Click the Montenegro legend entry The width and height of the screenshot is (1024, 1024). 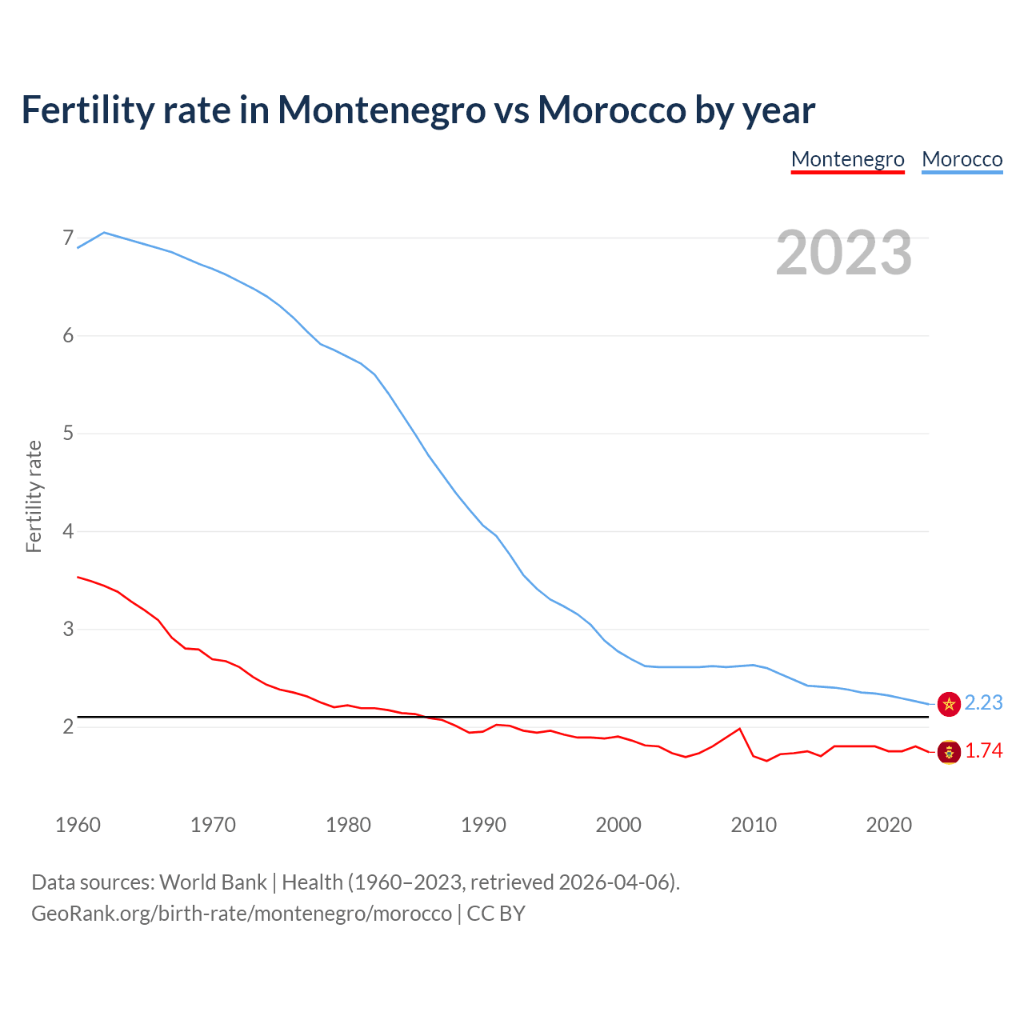click(x=847, y=159)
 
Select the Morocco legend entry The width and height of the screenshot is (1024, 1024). click(x=962, y=159)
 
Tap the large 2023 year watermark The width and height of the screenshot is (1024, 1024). click(x=844, y=253)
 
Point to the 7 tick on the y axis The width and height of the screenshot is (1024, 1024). click(x=68, y=238)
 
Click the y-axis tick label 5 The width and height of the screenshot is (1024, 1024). click(x=68, y=434)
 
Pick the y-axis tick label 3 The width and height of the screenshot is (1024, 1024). click(x=68, y=630)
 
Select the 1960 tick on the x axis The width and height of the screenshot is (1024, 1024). click(x=78, y=825)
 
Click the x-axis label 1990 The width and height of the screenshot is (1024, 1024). click(x=483, y=825)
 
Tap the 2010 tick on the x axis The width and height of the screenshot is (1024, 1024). click(x=754, y=825)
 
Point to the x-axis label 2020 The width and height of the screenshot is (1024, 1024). click(x=889, y=825)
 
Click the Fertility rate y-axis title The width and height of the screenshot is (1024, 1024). click(x=34, y=496)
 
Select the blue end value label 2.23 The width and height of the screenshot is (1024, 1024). click(x=983, y=702)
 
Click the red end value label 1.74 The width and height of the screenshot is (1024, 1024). click(x=983, y=751)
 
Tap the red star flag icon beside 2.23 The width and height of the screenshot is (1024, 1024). click(x=949, y=703)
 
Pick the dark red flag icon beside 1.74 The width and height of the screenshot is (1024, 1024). click(x=949, y=752)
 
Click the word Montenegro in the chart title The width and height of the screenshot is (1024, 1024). click(x=382, y=110)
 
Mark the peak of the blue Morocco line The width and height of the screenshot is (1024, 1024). click(x=104, y=232)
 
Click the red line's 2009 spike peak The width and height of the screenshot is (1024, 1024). click(x=740, y=728)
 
